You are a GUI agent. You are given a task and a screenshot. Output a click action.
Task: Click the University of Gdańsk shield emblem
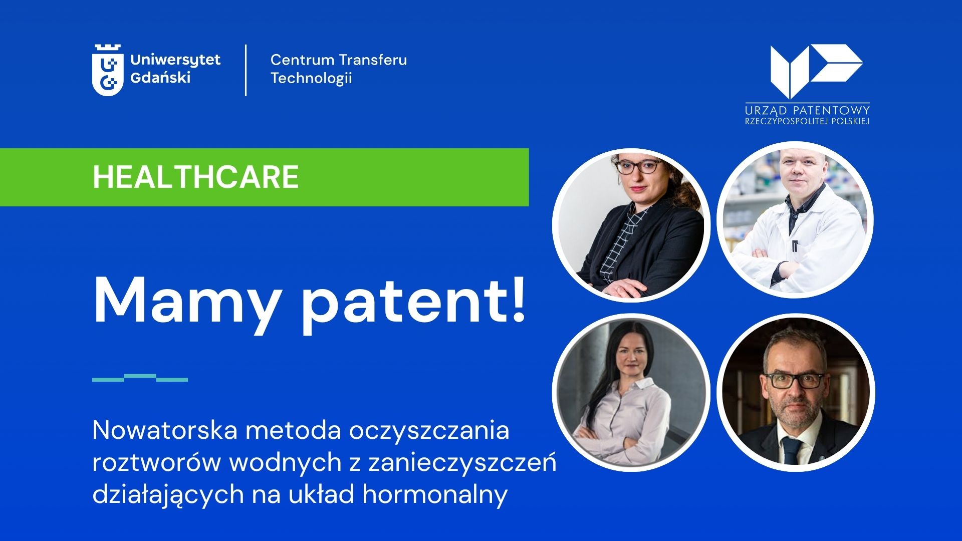tap(108, 70)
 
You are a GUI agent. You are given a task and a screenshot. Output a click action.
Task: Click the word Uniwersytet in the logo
tap(175, 61)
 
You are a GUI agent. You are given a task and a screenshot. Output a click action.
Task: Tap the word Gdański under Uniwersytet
tap(160, 78)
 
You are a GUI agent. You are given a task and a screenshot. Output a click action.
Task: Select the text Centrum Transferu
tap(339, 60)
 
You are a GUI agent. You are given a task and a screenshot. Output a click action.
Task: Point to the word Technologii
tap(311, 78)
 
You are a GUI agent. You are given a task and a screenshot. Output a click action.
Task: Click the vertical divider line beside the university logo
tap(246, 70)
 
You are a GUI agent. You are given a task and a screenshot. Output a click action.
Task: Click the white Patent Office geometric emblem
tap(816, 71)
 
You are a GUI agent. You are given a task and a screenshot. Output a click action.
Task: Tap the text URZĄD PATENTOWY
tap(807, 110)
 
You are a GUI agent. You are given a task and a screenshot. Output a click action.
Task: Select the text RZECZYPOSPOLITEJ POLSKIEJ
tap(807, 122)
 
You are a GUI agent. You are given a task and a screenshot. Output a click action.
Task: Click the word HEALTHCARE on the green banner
tap(196, 177)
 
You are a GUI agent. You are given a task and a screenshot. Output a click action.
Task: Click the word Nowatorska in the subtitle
tap(165, 430)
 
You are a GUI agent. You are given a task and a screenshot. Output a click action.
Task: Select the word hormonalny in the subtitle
tap(435, 494)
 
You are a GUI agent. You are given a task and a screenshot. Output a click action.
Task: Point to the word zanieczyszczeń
tap(462, 462)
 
